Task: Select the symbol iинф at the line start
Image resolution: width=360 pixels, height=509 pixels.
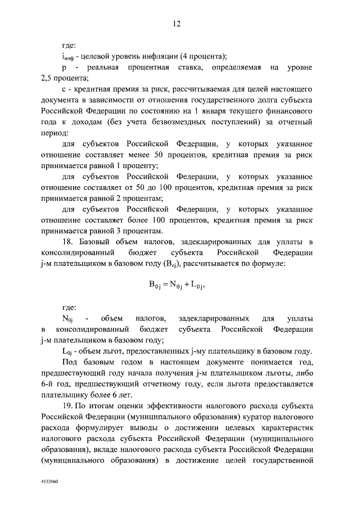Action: point(67,56)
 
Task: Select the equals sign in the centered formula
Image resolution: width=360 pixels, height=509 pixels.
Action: point(167,284)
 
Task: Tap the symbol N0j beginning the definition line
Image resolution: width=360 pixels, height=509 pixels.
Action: point(67,319)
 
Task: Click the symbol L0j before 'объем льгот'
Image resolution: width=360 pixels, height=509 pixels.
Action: point(67,351)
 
